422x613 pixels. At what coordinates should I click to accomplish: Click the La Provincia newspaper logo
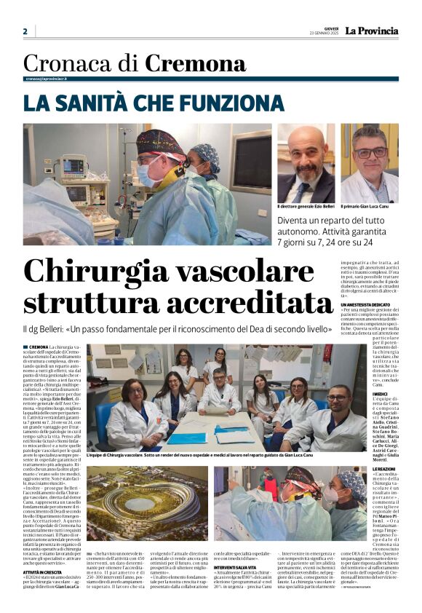point(371,31)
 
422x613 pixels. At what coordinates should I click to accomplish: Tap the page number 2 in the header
point(25,31)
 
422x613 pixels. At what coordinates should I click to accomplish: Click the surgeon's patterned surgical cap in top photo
point(160,141)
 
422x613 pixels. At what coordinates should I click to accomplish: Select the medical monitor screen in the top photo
point(73,166)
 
